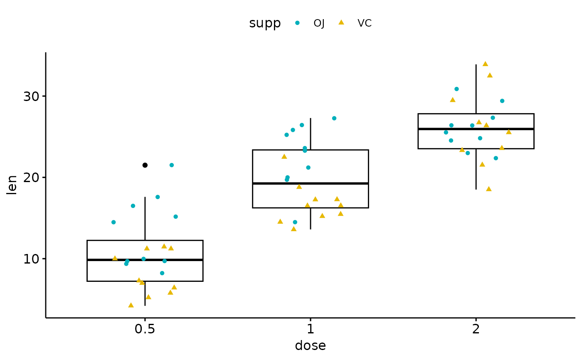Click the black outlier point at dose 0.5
[x=145, y=165]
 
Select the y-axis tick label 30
[x=31, y=96]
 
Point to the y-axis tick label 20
[x=31, y=178]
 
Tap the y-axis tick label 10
[x=31, y=259]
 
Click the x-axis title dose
[x=310, y=346]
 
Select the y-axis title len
[x=12, y=185]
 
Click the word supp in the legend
[x=265, y=23]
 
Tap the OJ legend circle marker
[x=297, y=23]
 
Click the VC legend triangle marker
[x=341, y=22]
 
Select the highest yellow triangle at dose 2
[x=485, y=64]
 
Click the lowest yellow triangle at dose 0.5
[x=131, y=305]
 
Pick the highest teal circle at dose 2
[x=456, y=89]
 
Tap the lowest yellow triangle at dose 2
[x=489, y=189]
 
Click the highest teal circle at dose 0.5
[x=172, y=165]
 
